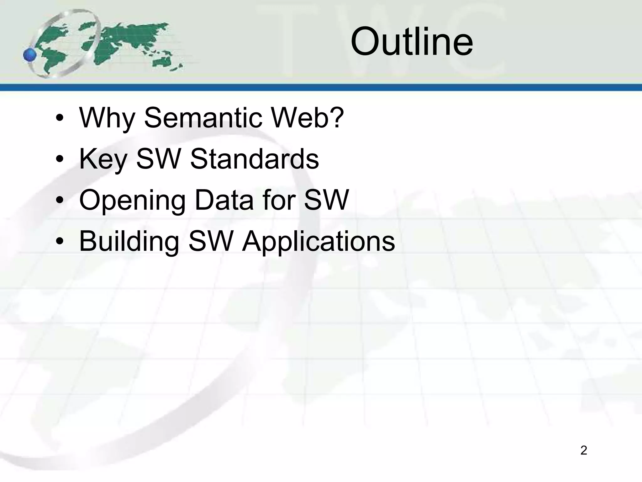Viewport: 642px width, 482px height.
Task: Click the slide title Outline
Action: [x=411, y=41]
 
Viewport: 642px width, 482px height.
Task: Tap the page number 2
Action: [x=583, y=450]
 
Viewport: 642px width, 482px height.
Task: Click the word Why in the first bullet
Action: [x=107, y=118]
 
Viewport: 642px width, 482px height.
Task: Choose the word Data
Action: [x=224, y=200]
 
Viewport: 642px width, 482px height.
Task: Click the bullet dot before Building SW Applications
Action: [x=60, y=242]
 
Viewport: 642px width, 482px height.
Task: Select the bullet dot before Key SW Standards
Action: [x=60, y=160]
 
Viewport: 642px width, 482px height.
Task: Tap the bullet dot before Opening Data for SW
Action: [x=60, y=201]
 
